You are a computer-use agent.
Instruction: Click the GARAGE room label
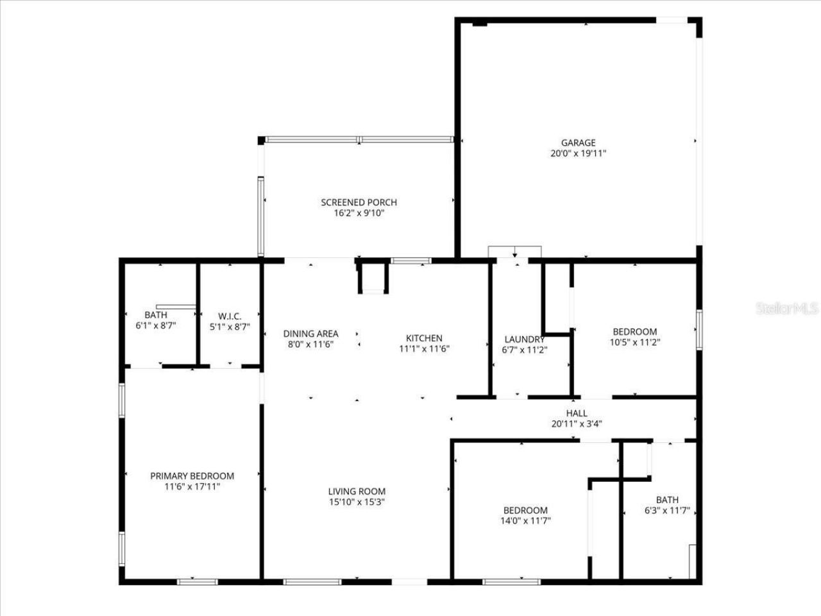coord(578,142)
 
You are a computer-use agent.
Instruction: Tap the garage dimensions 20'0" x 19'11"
coord(578,153)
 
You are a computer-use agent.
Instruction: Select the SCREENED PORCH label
coord(359,202)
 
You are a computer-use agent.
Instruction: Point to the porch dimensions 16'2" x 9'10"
coord(359,213)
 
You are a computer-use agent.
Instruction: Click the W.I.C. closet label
coord(230,315)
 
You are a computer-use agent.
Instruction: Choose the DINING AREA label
coord(310,334)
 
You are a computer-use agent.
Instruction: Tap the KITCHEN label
coord(424,338)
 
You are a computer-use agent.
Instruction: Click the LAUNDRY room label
coord(524,339)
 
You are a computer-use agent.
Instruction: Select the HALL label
coord(576,413)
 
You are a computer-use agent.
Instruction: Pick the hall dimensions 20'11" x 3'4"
coord(576,424)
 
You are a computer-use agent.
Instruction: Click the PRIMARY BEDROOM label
coord(192,476)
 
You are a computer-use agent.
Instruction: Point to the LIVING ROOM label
coord(356,492)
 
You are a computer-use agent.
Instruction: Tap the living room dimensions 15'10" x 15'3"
coord(356,502)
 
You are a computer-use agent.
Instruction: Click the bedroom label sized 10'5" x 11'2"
coord(634,332)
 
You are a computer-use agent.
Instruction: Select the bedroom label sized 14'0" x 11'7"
coord(525,510)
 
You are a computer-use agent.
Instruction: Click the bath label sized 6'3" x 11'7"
coord(666,500)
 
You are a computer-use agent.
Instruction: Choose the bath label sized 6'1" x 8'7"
coord(155,315)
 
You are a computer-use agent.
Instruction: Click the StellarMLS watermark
coord(787,309)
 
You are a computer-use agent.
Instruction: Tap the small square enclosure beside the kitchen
coord(373,278)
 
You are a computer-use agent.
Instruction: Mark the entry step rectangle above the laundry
coord(514,252)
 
